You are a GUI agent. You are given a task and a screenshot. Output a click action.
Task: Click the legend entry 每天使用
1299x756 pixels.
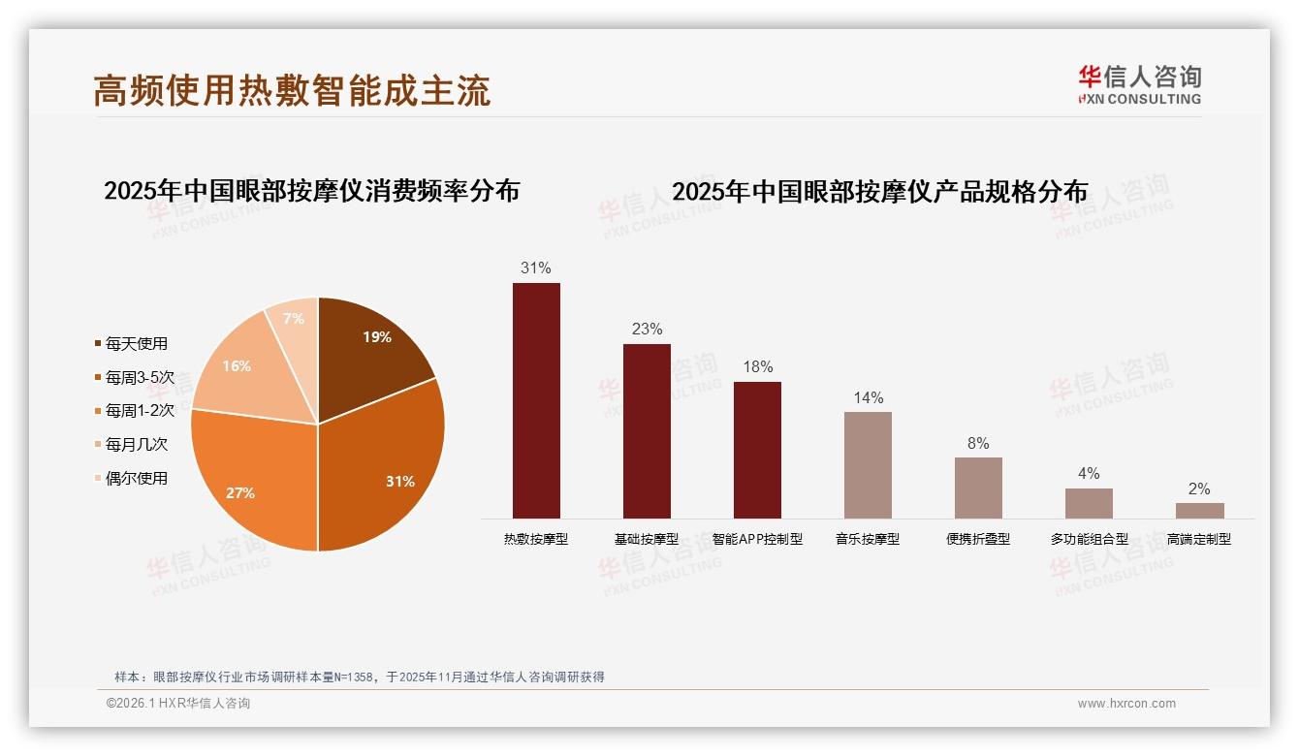(136, 344)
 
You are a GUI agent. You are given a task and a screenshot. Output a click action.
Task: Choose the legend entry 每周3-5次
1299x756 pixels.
(139, 377)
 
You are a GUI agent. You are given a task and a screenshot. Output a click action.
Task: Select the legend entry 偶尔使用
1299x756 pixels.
(136, 478)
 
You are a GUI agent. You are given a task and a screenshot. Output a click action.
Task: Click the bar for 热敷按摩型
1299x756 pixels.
(536, 400)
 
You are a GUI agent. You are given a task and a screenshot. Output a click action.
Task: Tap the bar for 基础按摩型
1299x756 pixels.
(647, 431)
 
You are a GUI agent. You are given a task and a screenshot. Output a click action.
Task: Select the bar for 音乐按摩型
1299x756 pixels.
(868, 465)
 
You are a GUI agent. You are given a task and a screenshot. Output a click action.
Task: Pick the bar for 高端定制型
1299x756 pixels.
(1199, 511)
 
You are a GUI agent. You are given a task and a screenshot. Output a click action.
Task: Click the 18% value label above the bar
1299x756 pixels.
(757, 367)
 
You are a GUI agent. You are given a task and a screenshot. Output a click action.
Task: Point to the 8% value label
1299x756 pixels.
(978, 444)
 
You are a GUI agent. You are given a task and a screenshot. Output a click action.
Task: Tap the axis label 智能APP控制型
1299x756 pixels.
(757, 539)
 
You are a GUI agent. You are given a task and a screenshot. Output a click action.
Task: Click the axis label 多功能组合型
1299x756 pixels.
(1089, 539)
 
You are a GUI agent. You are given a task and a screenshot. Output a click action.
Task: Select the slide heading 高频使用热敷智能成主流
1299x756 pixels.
(292, 90)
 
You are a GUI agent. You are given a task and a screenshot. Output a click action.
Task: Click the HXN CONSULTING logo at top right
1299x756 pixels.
(1139, 85)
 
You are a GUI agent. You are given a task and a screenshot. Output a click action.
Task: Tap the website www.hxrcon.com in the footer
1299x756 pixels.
(1126, 704)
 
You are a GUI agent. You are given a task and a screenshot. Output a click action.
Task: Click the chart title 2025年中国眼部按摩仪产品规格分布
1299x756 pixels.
(879, 192)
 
